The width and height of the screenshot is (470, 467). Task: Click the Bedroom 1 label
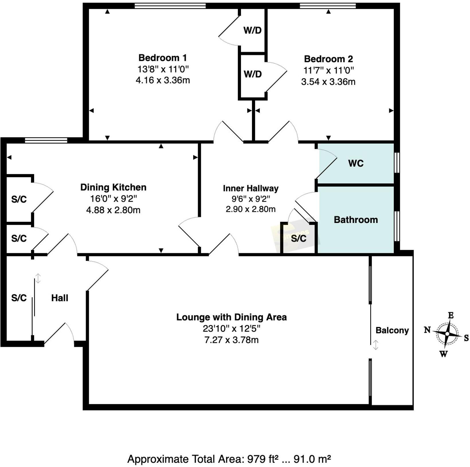coord(162,58)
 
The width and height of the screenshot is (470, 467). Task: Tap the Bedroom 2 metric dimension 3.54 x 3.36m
coord(328,82)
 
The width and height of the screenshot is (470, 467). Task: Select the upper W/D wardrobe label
coord(252,30)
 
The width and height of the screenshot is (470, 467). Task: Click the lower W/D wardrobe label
coord(252,74)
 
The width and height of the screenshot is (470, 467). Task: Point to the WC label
coord(356,163)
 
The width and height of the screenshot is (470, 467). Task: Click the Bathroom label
coord(356,220)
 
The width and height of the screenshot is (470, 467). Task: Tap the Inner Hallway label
coord(250,188)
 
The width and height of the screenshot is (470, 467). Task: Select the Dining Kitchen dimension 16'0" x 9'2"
coord(113,199)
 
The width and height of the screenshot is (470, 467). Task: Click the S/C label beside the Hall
coord(19,298)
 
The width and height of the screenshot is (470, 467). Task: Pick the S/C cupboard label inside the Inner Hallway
coord(299,238)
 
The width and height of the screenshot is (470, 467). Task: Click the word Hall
coord(60,298)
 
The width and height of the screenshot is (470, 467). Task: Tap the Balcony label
coord(392,330)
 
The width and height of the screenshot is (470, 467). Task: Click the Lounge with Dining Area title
coord(231,317)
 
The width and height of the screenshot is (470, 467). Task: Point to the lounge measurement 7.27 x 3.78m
coord(231,340)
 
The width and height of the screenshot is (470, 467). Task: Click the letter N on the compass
coord(427,330)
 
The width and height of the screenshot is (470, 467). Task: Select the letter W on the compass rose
coord(443,354)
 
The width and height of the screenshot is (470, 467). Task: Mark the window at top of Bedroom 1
coord(170,6)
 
